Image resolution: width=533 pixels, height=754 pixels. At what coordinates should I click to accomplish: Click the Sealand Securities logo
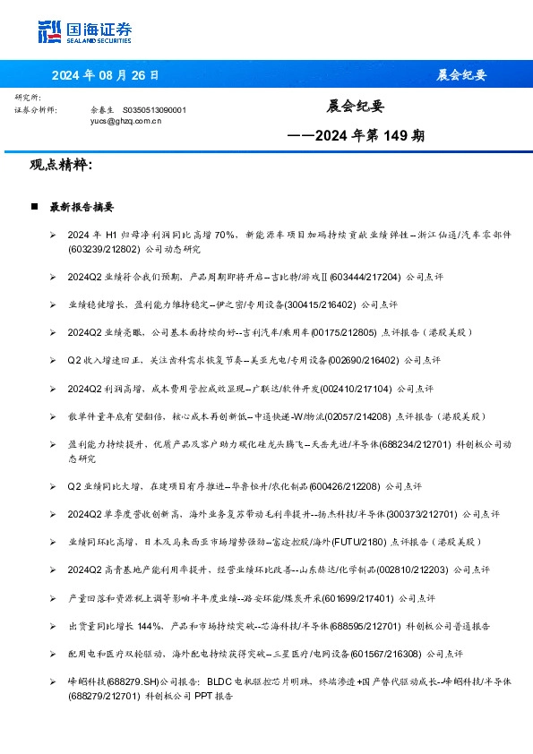[x=84, y=31]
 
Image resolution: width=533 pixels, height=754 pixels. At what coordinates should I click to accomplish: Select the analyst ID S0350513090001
[x=154, y=109]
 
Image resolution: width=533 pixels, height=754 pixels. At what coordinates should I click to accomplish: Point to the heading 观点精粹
[x=60, y=166]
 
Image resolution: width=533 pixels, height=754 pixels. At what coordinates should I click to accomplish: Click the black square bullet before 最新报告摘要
[x=34, y=207]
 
